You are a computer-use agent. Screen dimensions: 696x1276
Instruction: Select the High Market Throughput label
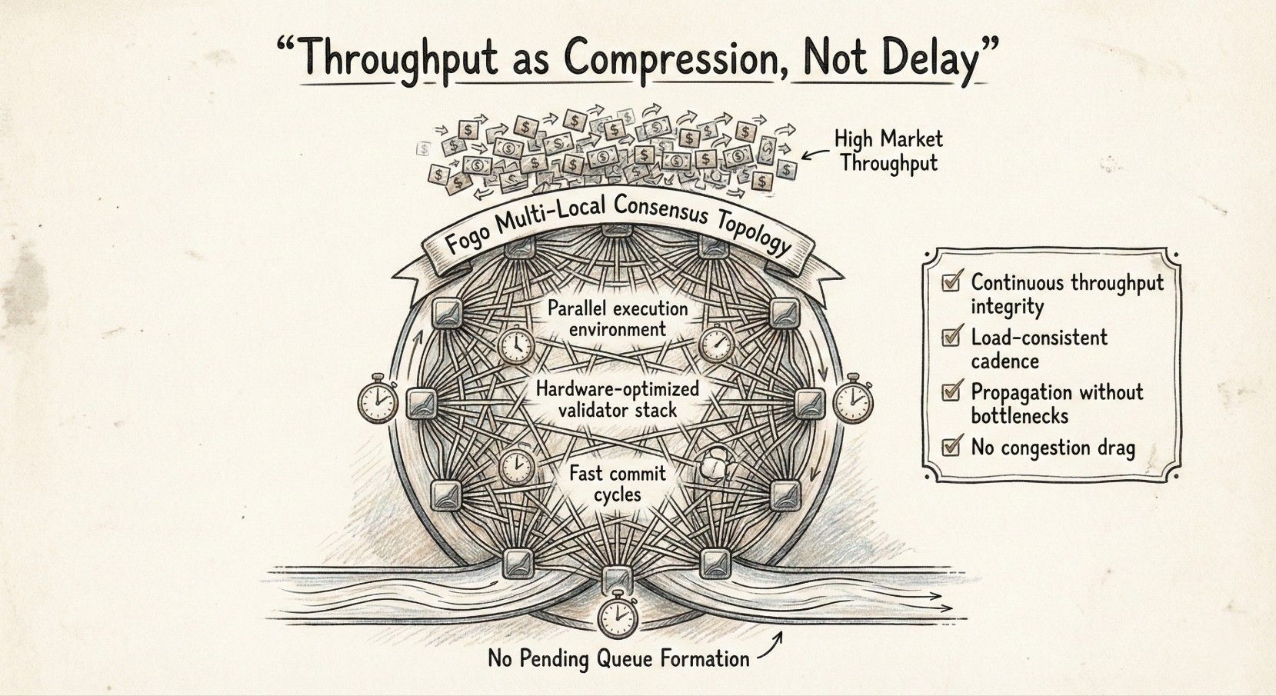point(889,151)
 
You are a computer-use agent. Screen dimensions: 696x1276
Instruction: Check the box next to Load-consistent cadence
point(951,337)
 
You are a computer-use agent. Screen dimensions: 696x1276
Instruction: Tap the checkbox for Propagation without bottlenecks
point(951,391)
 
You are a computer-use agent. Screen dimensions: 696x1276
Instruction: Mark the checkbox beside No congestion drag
point(951,446)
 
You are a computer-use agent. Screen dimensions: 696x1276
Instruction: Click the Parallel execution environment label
point(618,318)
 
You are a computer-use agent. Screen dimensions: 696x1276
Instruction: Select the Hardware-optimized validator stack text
point(618,398)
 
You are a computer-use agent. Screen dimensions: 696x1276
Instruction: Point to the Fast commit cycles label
point(618,482)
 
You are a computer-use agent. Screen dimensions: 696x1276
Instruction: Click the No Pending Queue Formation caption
point(618,659)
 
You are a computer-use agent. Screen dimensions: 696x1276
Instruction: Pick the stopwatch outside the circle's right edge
point(852,399)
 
